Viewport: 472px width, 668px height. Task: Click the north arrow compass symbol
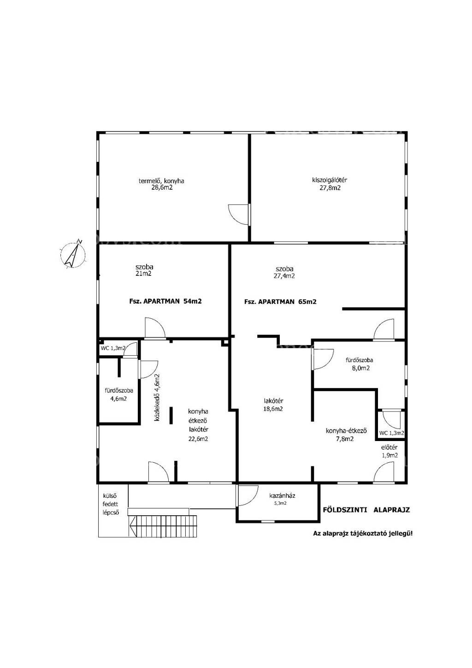pos(73,254)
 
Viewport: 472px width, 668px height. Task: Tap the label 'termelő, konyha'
pos(161,181)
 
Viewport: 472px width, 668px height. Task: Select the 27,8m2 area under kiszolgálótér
pos(330,188)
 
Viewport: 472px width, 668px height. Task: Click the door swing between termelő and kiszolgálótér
pos(238,214)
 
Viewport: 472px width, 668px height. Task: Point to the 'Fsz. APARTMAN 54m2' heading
pos(165,301)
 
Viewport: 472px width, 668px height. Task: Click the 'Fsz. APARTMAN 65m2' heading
pos(280,302)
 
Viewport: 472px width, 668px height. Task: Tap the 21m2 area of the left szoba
pos(144,273)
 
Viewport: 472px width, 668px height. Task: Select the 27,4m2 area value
pos(284,276)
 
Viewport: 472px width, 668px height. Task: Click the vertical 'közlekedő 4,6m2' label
pos(157,397)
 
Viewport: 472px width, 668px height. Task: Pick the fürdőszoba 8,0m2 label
pos(360,364)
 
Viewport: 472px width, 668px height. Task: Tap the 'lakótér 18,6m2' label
pos(273,405)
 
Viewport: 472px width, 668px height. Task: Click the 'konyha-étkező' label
pos(346,430)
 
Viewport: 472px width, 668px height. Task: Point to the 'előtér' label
pos(389,447)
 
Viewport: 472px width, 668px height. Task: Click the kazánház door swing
pos(247,495)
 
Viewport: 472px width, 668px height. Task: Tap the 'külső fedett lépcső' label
pos(111,504)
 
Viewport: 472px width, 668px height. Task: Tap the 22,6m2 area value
pos(198,439)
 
